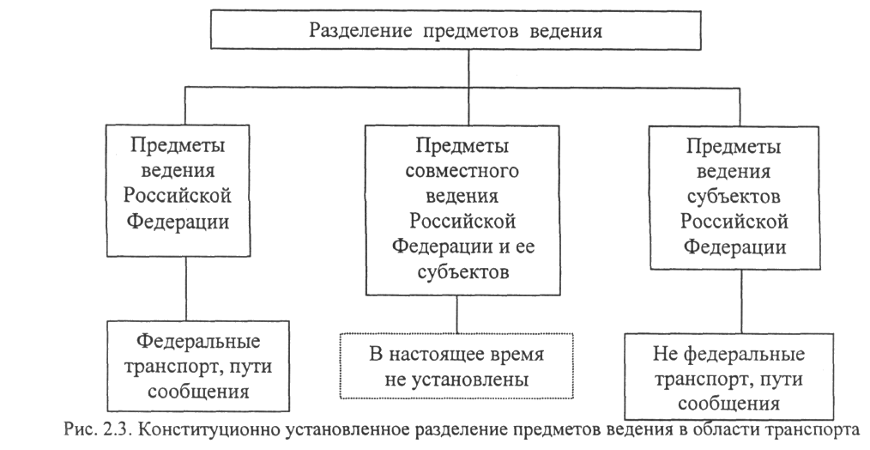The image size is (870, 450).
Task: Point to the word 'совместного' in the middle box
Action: (x=456, y=167)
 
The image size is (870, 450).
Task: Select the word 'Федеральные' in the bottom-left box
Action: (x=186, y=341)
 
